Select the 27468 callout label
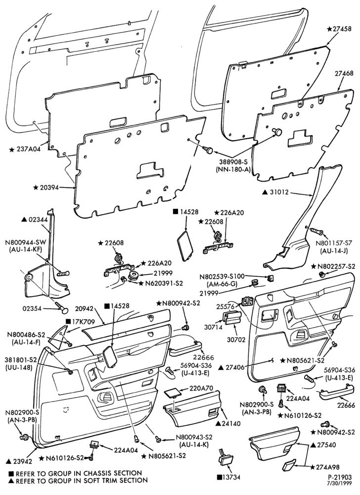pos(342,73)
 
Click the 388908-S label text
pos(233,162)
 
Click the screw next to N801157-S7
pos(316,232)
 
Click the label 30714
pos(213,327)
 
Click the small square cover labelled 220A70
pos(173,393)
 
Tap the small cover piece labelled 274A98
pos(289,465)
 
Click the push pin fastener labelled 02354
pos(62,307)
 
